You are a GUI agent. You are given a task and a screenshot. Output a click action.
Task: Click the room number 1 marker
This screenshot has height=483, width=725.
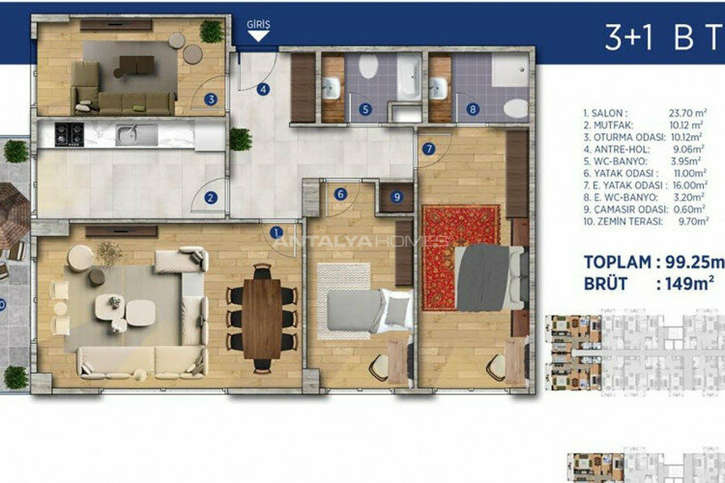(x=275, y=232)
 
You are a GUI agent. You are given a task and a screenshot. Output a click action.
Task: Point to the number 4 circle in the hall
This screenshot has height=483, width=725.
(x=263, y=91)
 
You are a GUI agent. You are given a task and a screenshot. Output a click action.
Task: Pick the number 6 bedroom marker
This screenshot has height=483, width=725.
(x=340, y=193)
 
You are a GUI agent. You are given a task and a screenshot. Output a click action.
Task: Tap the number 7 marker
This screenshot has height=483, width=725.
(x=429, y=148)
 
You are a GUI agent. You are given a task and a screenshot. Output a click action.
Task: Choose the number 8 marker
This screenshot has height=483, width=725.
(x=472, y=109)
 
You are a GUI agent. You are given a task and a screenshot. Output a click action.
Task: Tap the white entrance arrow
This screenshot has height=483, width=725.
(x=258, y=37)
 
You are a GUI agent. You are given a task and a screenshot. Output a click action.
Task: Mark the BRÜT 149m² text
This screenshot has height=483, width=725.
(x=649, y=283)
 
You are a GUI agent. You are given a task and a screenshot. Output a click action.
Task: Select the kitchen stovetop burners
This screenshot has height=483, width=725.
(x=71, y=132)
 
